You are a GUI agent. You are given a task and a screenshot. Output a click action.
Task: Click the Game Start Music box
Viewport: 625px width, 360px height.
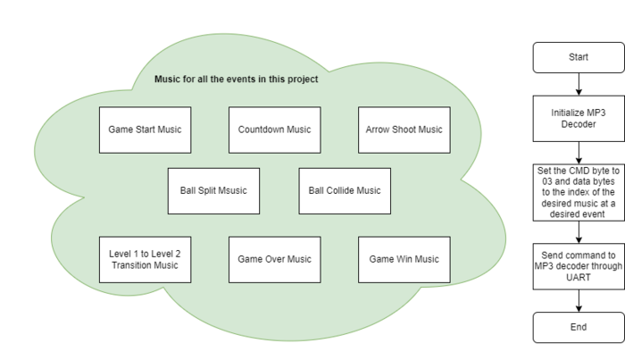[x=145, y=130]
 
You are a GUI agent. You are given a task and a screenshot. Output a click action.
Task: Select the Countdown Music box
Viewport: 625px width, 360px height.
[x=275, y=130]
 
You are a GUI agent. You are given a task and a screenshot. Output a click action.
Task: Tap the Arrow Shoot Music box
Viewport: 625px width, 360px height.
[x=404, y=130]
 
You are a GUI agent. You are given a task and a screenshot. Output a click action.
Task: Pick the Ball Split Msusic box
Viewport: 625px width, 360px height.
[x=213, y=191]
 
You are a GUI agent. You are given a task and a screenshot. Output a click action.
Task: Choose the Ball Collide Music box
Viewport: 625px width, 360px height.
[x=345, y=191]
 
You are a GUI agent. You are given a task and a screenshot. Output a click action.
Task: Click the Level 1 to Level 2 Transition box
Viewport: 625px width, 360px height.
[x=145, y=260]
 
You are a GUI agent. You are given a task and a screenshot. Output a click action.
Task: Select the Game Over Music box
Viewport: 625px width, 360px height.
[x=275, y=260]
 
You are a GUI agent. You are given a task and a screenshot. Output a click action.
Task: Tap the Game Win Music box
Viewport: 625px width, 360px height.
[x=404, y=260]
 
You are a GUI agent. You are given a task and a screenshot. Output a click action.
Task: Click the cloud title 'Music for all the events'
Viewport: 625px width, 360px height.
[x=237, y=79]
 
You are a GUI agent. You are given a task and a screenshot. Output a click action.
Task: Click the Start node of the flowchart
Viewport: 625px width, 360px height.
[x=579, y=57]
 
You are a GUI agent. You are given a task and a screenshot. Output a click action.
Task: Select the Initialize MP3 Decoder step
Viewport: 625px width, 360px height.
[x=579, y=119]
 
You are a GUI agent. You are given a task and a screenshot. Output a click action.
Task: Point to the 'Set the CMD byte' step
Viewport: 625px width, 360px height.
[x=579, y=193]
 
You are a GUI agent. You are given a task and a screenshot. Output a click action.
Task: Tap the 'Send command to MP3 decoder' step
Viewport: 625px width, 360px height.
[x=579, y=266]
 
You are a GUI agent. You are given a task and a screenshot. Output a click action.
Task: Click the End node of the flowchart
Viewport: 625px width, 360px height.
[x=579, y=327]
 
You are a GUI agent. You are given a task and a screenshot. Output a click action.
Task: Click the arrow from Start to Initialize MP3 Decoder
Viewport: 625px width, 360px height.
[x=579, y=84]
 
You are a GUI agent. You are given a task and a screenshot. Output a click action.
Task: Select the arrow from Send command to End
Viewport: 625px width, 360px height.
[x=579, y=301]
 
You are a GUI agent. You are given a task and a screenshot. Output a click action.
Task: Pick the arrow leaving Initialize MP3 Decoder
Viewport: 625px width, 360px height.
[x=579, y=153]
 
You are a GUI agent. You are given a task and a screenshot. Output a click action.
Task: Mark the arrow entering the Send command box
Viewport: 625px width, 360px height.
[x=579, y=232]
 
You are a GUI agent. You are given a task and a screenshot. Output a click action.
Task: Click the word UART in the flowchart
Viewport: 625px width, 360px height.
[x=579, y=277]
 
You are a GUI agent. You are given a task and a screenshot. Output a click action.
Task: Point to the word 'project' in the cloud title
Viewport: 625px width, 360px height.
[x=303, y=80]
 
